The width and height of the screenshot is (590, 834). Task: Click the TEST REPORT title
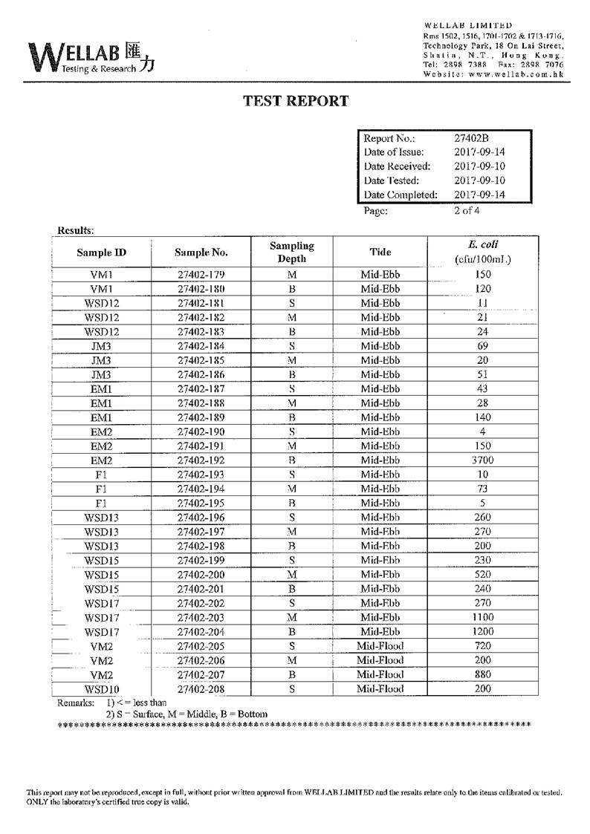[296, 101]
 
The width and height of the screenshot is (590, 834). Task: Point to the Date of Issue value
[479, 152]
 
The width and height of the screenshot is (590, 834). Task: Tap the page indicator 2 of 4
[467, 210]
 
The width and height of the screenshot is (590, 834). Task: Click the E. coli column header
[482, 252]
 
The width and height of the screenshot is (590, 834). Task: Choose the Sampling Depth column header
[291, 252]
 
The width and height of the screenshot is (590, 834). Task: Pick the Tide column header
[380, 252]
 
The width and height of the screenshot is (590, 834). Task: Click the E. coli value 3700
[482, 460]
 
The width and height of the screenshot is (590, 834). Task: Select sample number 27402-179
[201, 275]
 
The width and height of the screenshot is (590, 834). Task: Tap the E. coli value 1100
[482, 618]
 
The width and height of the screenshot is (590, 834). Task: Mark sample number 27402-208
[201, 689]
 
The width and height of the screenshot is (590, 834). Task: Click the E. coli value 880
[482, 675]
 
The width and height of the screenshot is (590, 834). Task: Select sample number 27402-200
[201, 575]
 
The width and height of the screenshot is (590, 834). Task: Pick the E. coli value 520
[482, 575]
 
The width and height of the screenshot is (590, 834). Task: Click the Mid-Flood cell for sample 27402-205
[380, 646]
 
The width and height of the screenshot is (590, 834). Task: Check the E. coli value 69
[482, 346]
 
